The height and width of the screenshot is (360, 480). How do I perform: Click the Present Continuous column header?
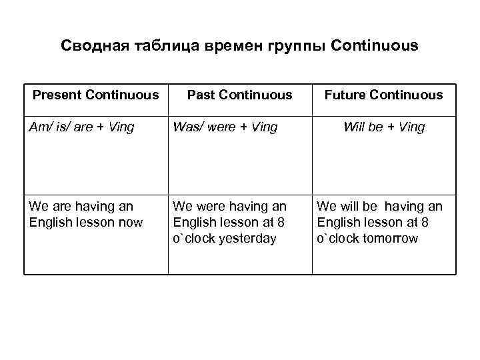coord(96,95)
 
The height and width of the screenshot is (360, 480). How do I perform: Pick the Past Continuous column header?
coord(239,95)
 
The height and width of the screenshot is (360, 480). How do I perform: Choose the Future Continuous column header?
coord(383,95)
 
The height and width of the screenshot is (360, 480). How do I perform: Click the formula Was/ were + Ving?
coord(225,127)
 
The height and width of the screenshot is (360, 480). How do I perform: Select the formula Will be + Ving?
coord(384,127)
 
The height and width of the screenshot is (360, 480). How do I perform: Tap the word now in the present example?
coord(130,223)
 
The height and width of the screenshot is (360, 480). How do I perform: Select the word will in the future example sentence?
coord(347,207)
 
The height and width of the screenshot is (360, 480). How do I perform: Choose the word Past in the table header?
coord(200,95)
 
